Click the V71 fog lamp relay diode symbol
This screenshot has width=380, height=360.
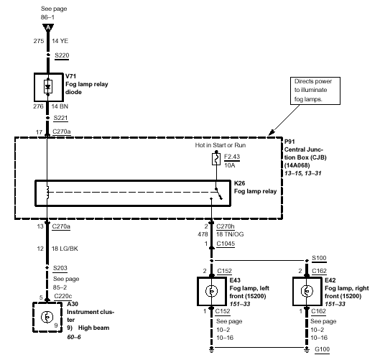point(48,86)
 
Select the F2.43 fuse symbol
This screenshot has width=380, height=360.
point(216,159)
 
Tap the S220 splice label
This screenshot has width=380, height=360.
point(62,55)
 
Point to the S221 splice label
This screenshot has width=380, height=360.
point(60,118)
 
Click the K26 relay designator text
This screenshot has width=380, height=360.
point(239,183)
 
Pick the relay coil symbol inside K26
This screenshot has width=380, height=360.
point(47,193)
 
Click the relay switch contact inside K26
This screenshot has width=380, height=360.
point(218,193)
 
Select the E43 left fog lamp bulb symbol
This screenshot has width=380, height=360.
point(212,291)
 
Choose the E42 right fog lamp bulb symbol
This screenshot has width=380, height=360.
point(307,291)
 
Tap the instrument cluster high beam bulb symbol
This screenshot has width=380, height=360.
point(47,317)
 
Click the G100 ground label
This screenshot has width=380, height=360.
point(322,349)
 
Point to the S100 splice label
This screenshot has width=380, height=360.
point(319,258)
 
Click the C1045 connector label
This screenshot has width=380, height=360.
point(226,244)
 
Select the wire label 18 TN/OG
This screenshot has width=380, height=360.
point(230,234)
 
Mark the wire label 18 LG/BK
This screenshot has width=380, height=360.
point(65,249)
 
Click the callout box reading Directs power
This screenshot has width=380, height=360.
point(315,91)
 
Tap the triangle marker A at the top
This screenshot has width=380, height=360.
point(48,27)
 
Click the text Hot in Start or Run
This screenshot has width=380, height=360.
point(221,145)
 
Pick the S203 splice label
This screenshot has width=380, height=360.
point(60,268)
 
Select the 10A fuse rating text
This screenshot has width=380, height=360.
point(229,165)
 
